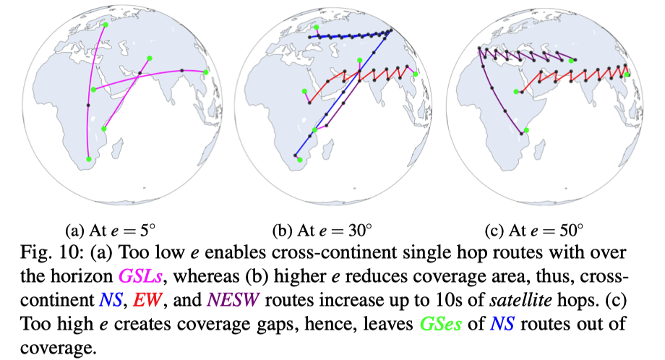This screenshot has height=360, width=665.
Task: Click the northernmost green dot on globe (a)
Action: pos(106,25)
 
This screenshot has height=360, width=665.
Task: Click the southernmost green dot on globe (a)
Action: pos(88,159)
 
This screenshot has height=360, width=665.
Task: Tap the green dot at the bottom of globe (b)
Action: pos(301,160)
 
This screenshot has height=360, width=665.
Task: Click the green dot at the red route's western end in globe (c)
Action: pos(515,91)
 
